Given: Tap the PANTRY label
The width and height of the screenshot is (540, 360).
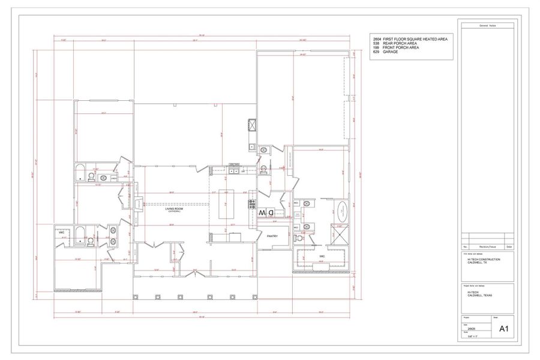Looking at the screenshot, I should pyautogui.click(x=272, y=236).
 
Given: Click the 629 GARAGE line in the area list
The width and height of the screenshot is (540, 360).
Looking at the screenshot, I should pyautogui.click(x=385, y=52).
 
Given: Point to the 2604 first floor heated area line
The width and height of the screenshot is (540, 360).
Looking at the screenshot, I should pyautogui.click(x=410, y=39).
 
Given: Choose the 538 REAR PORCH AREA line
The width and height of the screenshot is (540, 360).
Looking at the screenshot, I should pyautogui.click(x=395, y=43).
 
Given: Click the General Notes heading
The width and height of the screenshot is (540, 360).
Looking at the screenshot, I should pyautogui.click(x=487, y=26).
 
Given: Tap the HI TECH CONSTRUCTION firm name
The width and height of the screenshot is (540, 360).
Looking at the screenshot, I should pyautogui.click(x=484, y=259).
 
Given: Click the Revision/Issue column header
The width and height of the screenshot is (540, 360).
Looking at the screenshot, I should pyautogui.click(x=487, y=247).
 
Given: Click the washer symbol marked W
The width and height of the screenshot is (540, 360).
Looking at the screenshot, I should pyautogui.click(x=262, y=212).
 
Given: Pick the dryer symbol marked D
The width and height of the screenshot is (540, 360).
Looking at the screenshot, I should pyautogui.click(x=271, y=212).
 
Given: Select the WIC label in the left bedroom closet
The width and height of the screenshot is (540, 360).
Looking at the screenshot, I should pyautogui.click(x=62, y=232).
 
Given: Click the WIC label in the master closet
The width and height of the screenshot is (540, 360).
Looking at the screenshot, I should pyautogui.click(x=322, y=256).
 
